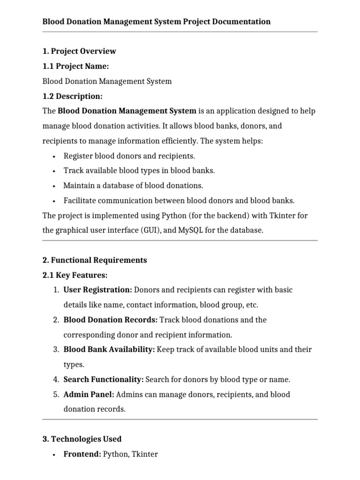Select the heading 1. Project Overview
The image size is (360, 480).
(x=79, y=51)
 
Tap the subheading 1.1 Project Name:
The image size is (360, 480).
(x=75, y=66)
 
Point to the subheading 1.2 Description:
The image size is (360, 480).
(x=72, y=96)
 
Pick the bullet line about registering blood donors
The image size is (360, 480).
(x=129, y=156)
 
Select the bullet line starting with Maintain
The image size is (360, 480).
(x=133, y=186)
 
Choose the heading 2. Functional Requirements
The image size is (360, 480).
(x=95, y=260)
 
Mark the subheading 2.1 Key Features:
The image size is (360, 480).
(x=75, y=275)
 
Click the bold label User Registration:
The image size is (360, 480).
(x=97, y=290)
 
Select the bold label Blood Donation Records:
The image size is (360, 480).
(x=111, y=320)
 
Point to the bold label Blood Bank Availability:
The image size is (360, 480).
(x=109, y=349)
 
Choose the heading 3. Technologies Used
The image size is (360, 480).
(x=82, y=439)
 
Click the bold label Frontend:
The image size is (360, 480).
(x=82, y=454)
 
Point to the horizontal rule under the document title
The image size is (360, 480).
(x=180, y=32)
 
